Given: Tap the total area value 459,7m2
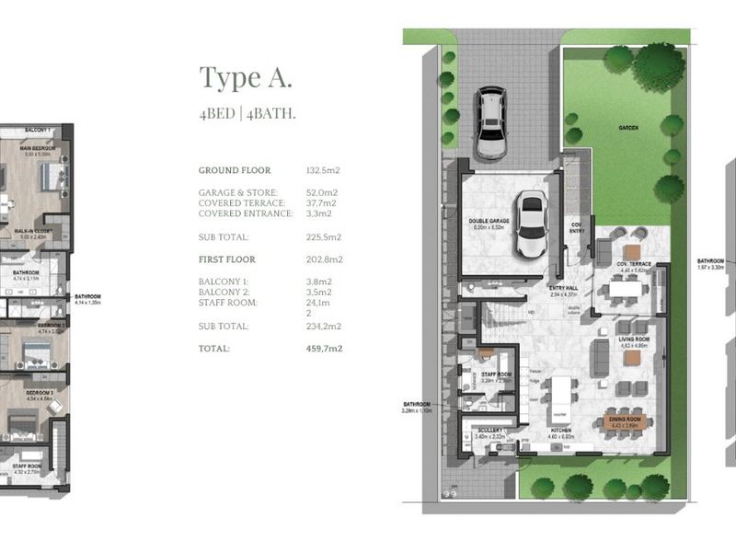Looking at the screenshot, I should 324,349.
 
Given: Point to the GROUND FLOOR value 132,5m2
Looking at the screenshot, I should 323,171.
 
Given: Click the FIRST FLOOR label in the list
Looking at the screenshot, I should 226,259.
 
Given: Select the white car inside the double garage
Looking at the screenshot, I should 531,224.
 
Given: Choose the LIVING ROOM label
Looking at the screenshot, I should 634,339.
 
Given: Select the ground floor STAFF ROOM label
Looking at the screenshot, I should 496,374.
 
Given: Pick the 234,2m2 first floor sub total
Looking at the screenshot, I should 324,327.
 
